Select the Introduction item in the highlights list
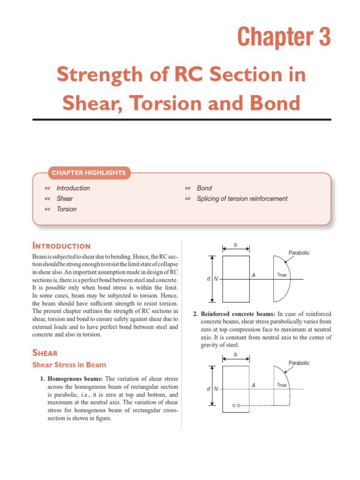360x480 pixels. (73, 188)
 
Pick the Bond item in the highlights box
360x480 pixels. (204, 188)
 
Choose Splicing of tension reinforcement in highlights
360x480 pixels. (242, 199)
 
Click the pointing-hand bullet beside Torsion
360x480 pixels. (47, 209)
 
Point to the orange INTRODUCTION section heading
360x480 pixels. (61, 246)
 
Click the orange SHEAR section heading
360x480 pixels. (45, 352)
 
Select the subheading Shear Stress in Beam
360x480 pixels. (69, 365)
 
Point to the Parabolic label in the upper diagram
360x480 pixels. (299, 253)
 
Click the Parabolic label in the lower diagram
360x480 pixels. (299, 363)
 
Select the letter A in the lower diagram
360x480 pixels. (254, 385)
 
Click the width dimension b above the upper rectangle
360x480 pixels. (236, 245)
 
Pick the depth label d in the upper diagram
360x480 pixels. (208, 279)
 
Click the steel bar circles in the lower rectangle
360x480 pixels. (236, 405)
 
